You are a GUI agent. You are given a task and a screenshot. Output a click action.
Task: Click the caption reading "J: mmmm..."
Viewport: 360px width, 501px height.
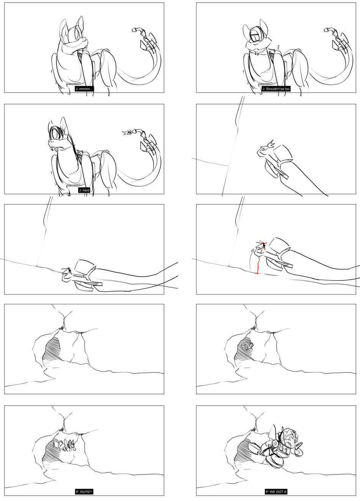coord(84,89)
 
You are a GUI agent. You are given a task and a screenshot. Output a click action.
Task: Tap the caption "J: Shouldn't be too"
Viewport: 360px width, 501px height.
coord(276,89)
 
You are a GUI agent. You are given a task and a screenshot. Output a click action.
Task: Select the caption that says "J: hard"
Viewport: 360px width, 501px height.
coord(84,190)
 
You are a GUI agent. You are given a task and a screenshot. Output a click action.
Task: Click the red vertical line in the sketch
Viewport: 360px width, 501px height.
coord(258,265)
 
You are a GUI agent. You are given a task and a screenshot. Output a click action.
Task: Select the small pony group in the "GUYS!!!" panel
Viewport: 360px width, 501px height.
coord(67,446)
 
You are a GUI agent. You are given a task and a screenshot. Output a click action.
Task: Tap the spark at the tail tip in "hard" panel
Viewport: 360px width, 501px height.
coord(127,132)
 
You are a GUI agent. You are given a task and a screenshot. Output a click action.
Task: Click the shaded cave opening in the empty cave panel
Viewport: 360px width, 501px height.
coord(52,349)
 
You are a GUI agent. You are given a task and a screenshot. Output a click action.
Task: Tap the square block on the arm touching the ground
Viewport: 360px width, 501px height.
coord(83,265)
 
